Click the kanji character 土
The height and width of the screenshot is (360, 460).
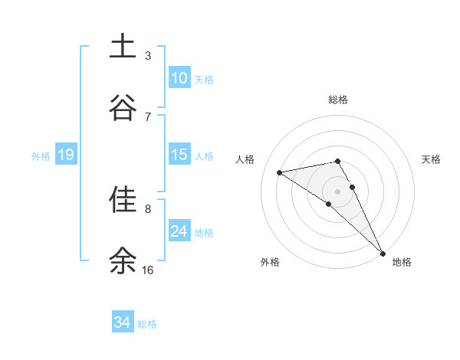point(123,46)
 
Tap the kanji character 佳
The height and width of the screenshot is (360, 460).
point(123,200)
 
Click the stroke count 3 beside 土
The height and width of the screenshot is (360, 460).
point(148,55)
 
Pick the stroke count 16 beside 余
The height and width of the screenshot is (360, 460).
point(148,270)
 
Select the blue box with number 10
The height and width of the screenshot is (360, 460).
point(179,78)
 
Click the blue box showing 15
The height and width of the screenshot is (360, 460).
point(179,155)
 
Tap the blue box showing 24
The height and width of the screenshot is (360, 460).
point(179,231)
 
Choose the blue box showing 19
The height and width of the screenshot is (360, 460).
point(66,155)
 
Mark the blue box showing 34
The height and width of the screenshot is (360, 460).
point(122,322)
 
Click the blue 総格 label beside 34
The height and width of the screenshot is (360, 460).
point(147,324)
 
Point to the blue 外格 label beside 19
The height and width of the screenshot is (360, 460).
point(41,155)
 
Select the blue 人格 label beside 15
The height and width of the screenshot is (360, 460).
point(204,155)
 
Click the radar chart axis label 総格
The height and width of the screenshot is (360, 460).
point(338,100)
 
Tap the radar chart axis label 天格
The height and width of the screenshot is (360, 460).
point(432,159)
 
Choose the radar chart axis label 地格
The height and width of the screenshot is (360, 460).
point(402,263)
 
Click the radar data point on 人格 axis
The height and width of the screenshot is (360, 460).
point(279,172)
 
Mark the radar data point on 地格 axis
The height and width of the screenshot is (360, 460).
point(383,253)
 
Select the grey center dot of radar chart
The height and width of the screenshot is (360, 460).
point(338,191)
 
